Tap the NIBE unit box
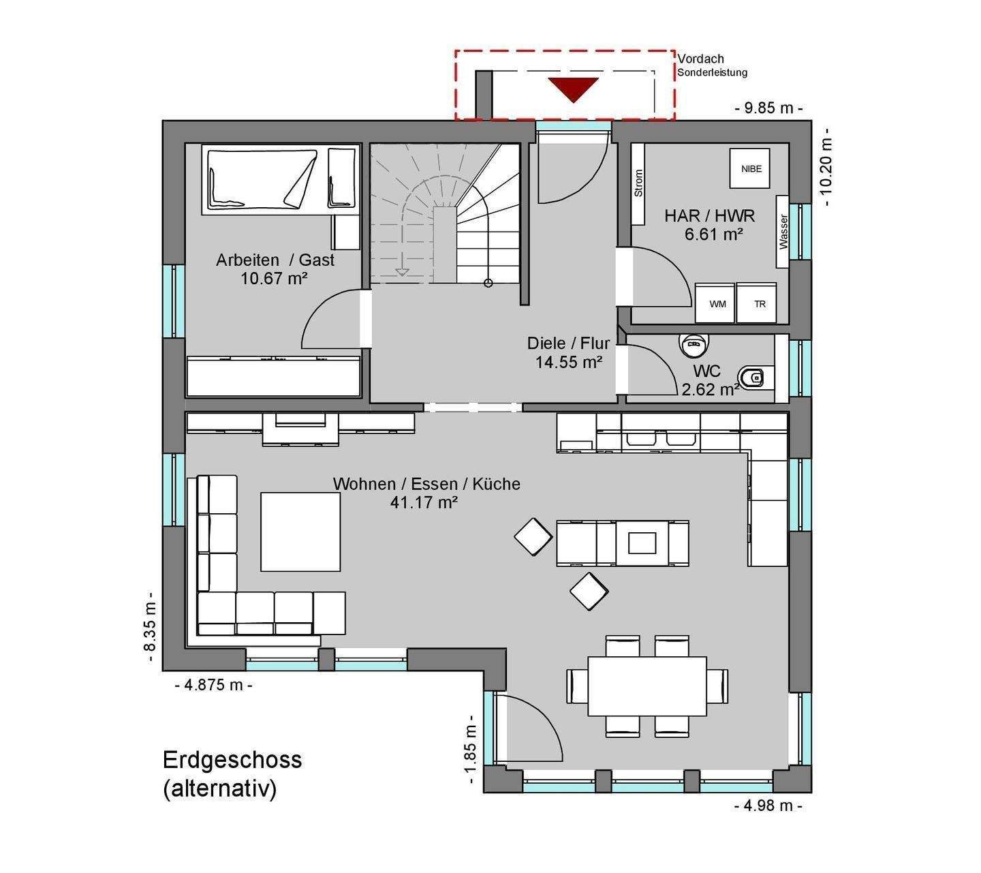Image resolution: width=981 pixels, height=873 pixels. point(751,168)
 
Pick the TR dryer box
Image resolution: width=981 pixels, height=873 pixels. point(756,303)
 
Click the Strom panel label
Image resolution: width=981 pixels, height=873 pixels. point(638,183)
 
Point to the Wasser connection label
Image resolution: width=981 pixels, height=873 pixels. point(783,232)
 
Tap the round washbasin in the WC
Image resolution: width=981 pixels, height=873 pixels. point(695,343)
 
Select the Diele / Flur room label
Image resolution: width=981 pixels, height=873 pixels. point(568,343)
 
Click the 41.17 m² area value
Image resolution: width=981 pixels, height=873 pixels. point(424,502)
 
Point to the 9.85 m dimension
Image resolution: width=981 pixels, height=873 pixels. point(768,108)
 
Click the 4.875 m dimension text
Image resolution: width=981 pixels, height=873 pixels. point(213,684)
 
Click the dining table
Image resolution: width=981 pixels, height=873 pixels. point(647,686)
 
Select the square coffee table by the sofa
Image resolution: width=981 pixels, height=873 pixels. point(300,532)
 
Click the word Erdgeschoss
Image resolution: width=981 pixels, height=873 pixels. point(232,760)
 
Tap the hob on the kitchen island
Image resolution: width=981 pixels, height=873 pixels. point(642,542)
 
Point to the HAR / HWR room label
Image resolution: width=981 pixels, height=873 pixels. point(709,215)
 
